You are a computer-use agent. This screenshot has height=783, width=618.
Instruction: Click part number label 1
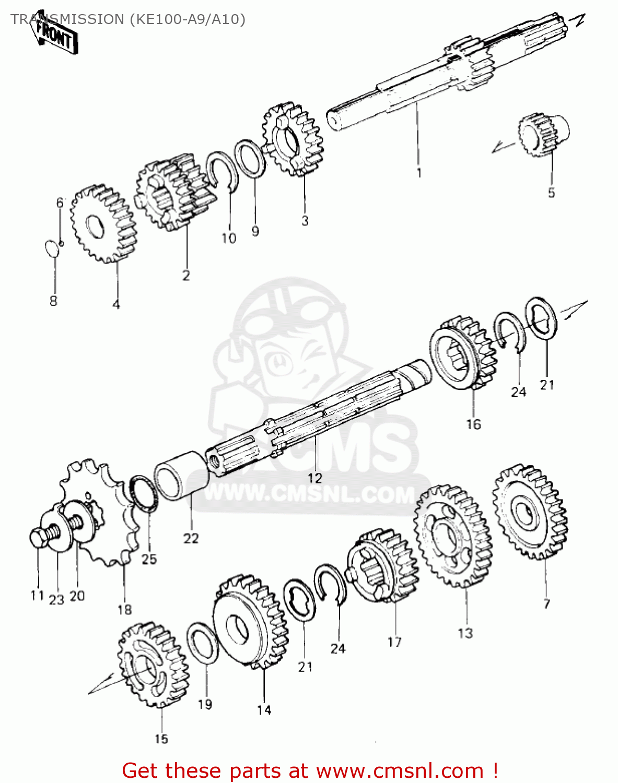[x=419, y=173]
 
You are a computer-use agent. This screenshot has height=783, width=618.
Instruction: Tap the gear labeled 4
[x=103, y=223]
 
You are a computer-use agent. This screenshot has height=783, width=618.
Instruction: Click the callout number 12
[x=315, y=478]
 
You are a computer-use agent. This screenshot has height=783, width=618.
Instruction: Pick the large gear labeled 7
[x=529, y=512]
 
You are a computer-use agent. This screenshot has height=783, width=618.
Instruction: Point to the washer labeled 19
[x=202, y=643]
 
